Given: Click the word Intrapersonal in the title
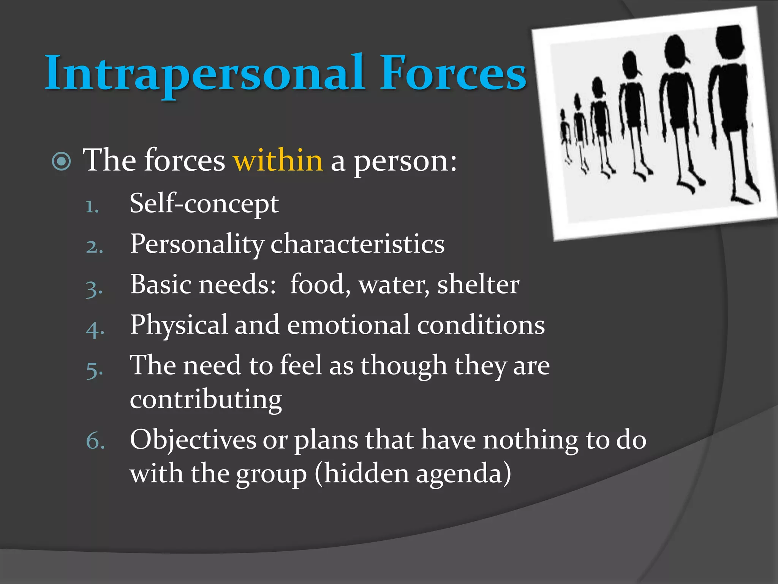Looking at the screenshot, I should [x=205, y=73].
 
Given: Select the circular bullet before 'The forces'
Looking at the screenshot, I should [x=62, y=161].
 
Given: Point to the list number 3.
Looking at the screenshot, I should [x=94, y=289].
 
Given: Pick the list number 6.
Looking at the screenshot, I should [x=95, y=441].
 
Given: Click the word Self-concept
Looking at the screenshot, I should [x=204, y=204].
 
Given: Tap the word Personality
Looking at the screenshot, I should [x=197, y=244].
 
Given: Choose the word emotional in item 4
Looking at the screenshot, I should [x=348, y=325].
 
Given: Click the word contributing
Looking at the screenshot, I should [x=206, y=400].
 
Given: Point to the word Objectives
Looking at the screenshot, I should [x=193, y=440].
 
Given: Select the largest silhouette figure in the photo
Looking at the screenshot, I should [x=731, y=114].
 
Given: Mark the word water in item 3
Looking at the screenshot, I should [x=394, y=285].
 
